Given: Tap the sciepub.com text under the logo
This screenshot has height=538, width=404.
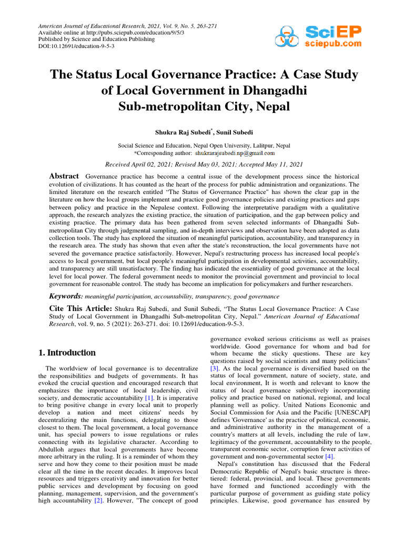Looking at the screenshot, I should (x=334, y=45).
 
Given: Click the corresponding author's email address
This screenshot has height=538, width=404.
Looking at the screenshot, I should (x=235, y=153).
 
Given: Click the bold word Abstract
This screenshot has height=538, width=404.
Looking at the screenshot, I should (x=64, y=176).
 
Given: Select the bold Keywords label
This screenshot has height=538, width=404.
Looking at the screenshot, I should (x=66, y=296).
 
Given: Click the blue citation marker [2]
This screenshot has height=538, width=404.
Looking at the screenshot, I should (x=98, y=500).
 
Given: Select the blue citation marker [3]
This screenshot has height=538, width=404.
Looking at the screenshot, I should (x=215, y=369).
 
